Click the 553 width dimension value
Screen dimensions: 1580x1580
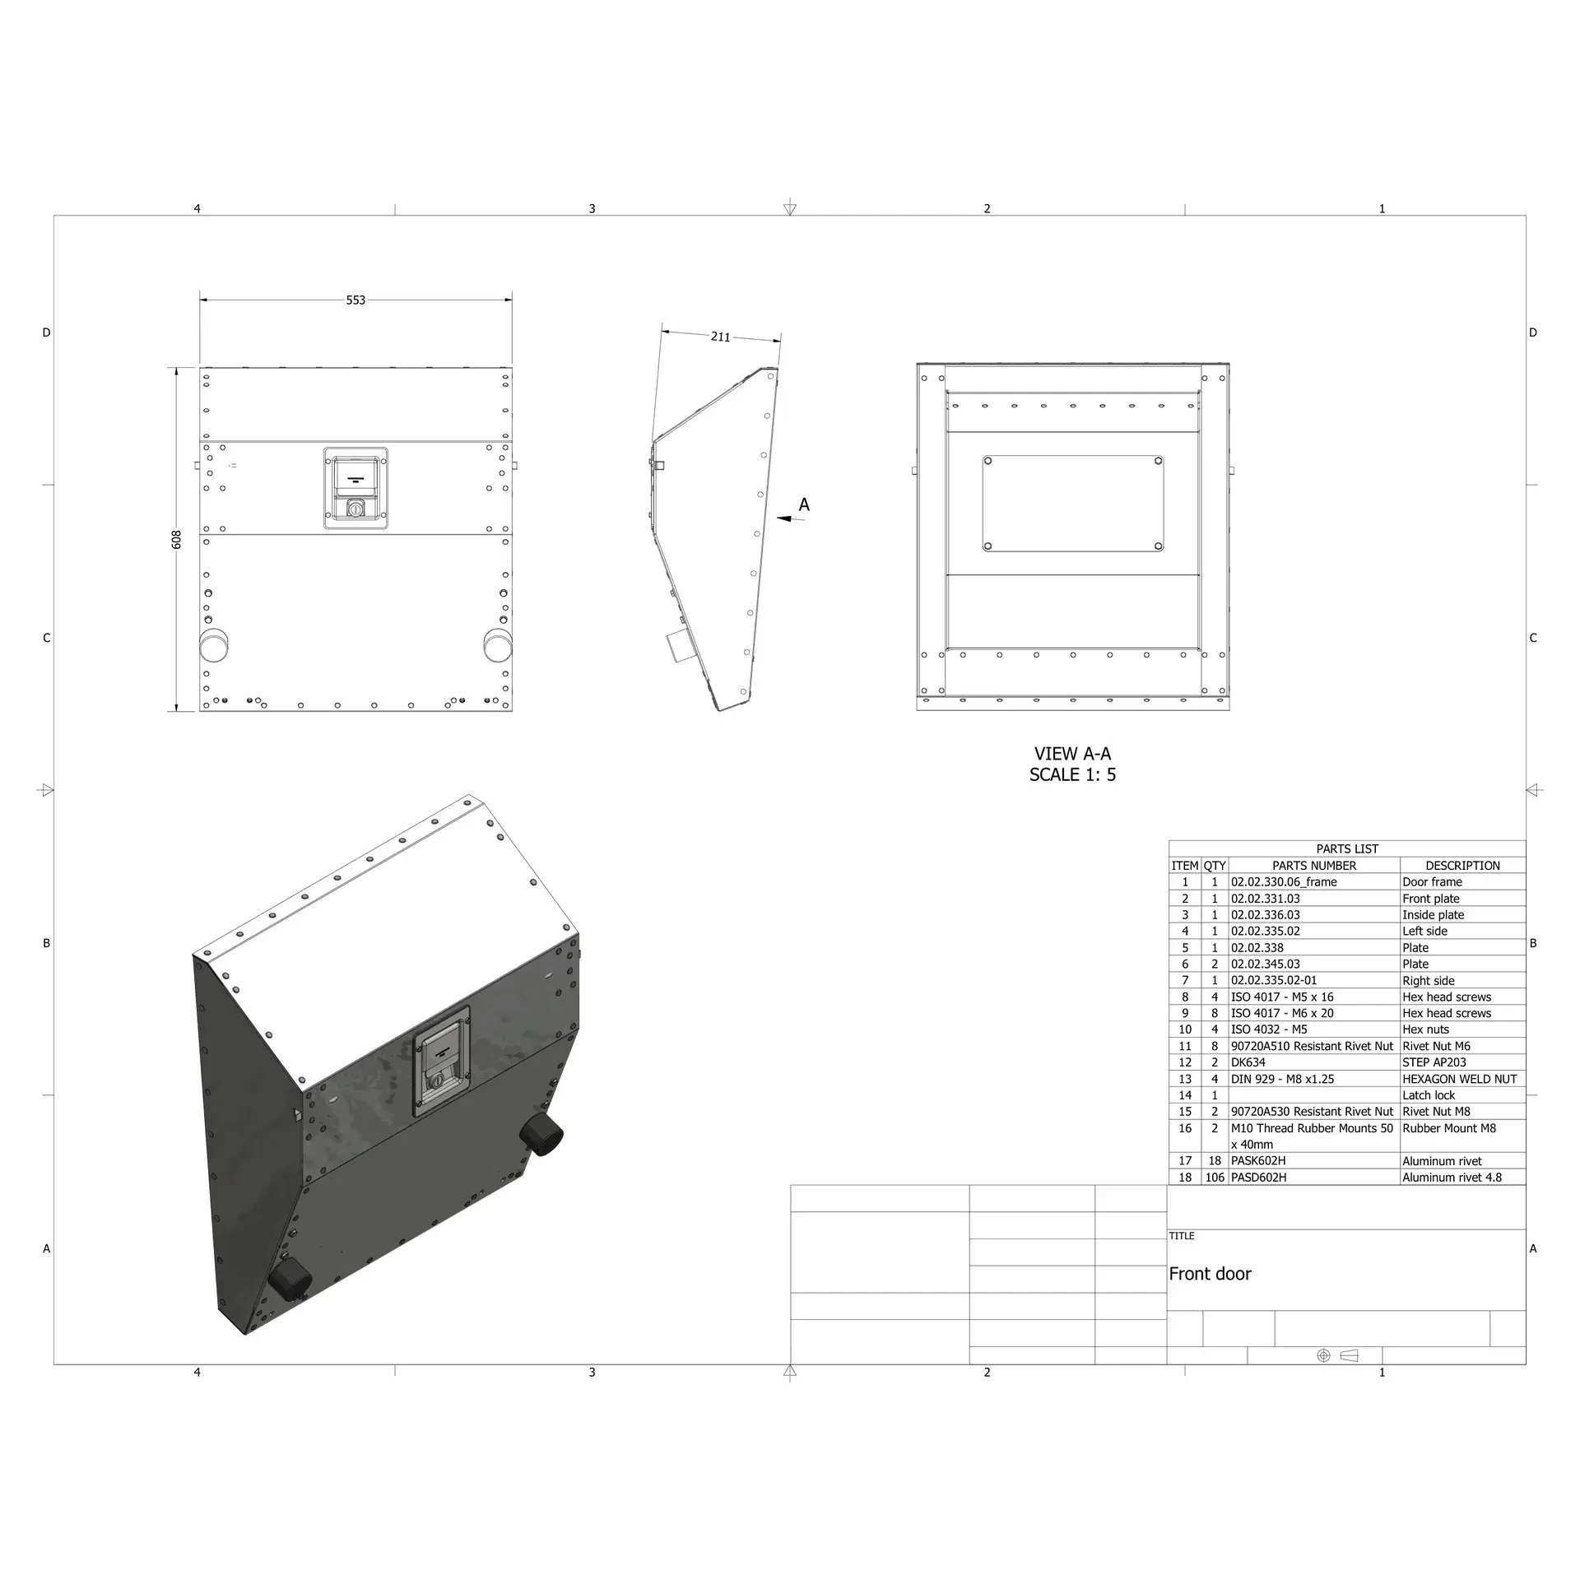tap(355, 300)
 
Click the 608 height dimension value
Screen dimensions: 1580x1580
tap(176, 540)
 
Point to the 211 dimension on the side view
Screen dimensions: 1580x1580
tap(720, 337)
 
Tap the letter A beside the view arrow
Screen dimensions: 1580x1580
tap(804, 504)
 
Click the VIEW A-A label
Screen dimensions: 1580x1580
tap(1072, 754)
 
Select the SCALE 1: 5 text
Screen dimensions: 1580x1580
tap(1072, 774)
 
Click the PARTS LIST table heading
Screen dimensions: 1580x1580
tap(1347, 848)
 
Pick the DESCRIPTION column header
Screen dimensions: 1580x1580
tap(1462, 866)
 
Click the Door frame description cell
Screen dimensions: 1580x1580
tap(1432, 882)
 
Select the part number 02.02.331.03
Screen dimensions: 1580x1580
tap(1266, 899)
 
